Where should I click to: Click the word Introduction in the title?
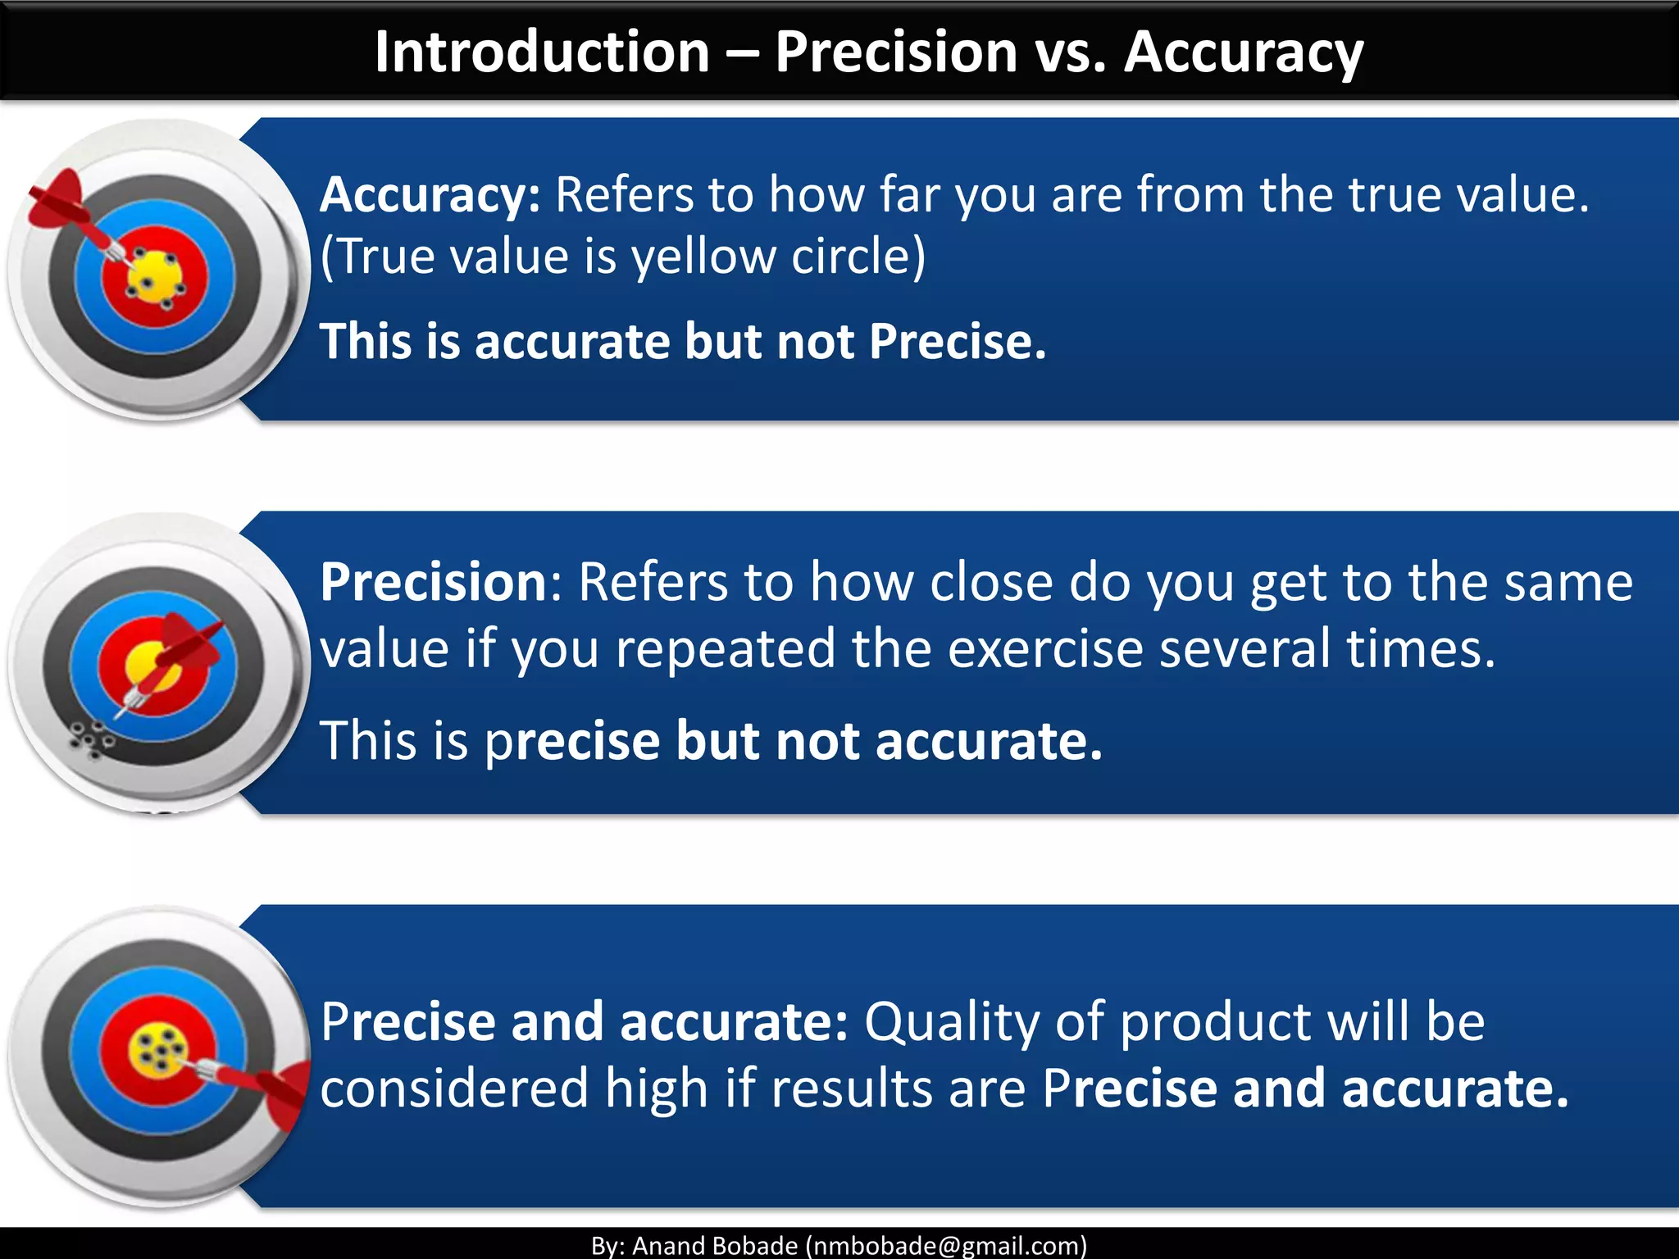pos(541,52)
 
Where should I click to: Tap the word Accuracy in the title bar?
pos(1243,52)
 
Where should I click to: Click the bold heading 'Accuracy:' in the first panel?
pos(430,195)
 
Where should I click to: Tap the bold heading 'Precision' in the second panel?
pos(433,582)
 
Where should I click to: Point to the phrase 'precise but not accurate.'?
pos(794,740)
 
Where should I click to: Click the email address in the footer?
pos(946,1246)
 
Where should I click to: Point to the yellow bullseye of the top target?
pos(154,275)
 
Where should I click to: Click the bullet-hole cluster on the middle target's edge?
pos(92,739)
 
